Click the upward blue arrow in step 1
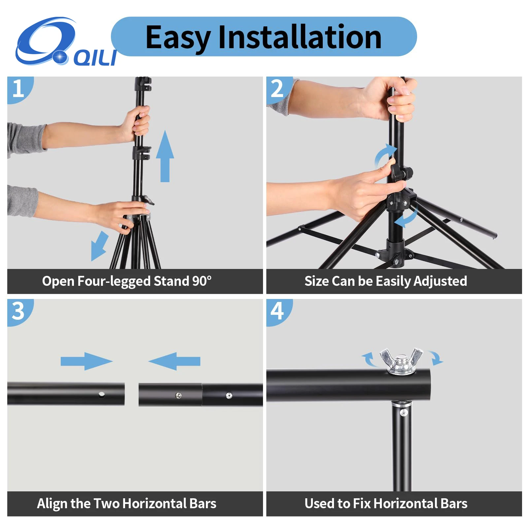point(165,156)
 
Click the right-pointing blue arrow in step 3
point(86,361)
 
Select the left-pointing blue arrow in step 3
point(174,361)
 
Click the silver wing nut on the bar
point(401,361)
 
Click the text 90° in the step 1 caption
point(202,281)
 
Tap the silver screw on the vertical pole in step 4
point(403,412)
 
